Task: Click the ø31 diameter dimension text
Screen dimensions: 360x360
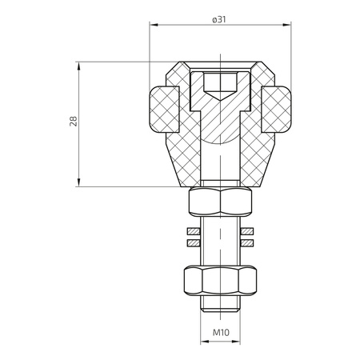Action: [x=218, y=18]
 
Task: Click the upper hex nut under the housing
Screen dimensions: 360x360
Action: [x=219, y=202]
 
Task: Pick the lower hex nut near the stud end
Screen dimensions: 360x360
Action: [x=219, y=279]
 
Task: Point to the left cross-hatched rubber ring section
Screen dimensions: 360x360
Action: [x=166, y=108]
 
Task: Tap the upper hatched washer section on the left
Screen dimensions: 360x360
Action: [x=192, y=231]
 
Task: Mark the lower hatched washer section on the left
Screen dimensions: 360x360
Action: [x=192, y=242]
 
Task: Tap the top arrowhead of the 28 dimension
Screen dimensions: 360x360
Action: [x=80, y=63]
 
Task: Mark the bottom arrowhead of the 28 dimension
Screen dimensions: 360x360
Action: [x=80, y=184]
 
